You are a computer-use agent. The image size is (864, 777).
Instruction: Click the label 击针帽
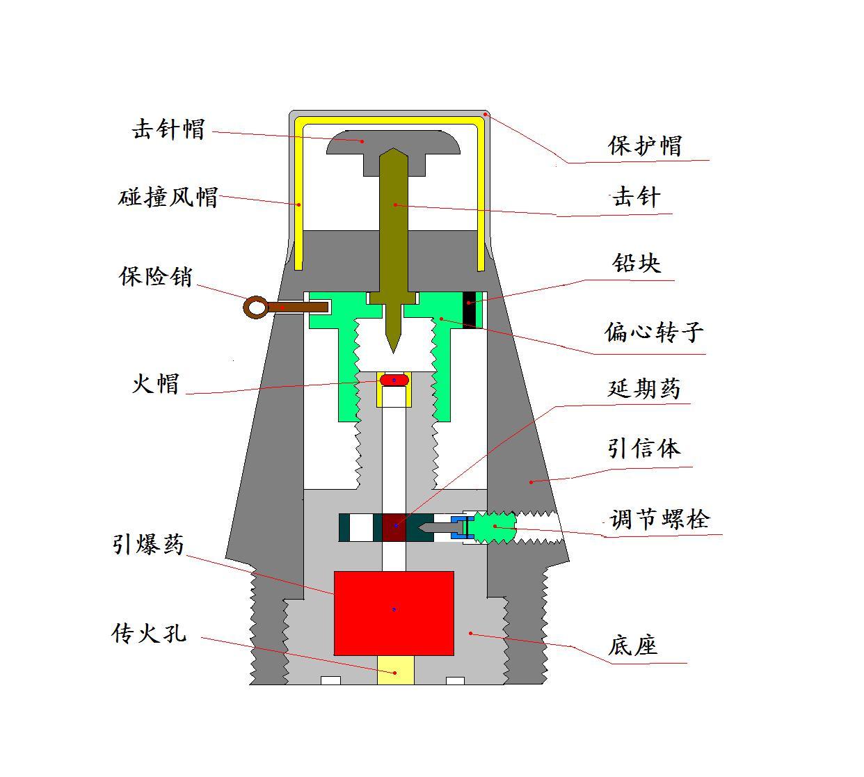[168, 129]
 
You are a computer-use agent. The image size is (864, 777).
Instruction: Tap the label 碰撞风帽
[168, 198]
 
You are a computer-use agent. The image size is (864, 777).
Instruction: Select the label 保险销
[156, 276]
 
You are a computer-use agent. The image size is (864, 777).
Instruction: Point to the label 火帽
[156, 383]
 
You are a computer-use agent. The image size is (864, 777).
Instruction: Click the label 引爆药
[148, 544]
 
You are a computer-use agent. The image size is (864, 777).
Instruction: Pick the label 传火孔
[149, 634]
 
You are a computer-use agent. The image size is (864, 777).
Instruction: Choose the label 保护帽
[645, 145]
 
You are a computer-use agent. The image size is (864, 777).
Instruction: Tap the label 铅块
[637, 263]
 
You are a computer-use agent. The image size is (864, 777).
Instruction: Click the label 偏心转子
[654, 332]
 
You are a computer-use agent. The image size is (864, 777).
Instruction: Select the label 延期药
[644, 388]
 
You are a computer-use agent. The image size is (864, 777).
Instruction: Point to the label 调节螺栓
[659, 519]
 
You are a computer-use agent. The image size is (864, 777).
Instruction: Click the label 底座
[632, 646]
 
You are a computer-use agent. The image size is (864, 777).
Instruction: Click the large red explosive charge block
[394, 613]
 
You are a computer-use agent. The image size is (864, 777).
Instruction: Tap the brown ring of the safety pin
[256, 307]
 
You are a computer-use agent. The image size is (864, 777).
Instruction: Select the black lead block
[470, 308]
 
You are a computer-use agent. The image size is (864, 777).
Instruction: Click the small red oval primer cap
[394, 380]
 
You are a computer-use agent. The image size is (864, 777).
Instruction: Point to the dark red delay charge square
[394, 527]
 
